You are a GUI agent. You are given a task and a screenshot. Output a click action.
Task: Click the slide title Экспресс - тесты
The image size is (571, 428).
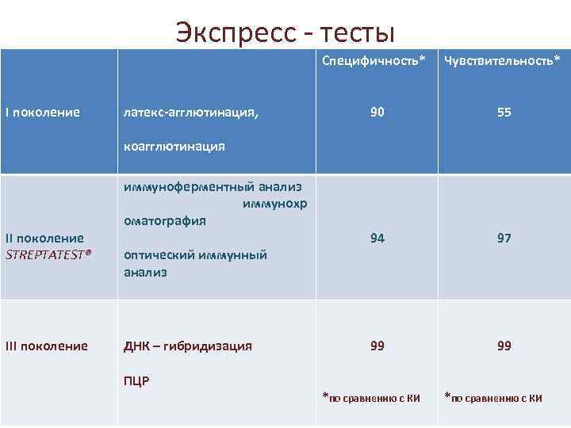(285, 32)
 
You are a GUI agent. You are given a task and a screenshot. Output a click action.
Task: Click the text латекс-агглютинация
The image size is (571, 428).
(190, 113)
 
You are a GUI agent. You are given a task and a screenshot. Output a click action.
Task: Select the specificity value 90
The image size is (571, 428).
(377, 113)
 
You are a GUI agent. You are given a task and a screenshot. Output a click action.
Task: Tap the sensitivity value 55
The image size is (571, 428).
(504, 113)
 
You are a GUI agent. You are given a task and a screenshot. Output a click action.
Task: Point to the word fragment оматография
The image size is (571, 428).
(165, 220)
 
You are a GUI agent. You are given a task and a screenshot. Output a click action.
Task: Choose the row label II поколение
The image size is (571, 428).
(45, 238)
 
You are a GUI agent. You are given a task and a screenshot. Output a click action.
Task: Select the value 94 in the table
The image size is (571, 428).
(377, 238)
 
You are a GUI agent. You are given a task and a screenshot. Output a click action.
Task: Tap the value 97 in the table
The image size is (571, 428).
(504, 238)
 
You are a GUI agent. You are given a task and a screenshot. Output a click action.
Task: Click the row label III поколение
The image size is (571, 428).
(47, 346)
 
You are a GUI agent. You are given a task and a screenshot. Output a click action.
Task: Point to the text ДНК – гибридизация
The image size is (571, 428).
(188, 346)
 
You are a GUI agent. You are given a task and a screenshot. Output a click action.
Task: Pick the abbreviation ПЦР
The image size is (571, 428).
(136, 380)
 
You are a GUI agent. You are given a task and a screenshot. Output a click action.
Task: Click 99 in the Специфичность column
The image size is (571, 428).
(377, 346)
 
